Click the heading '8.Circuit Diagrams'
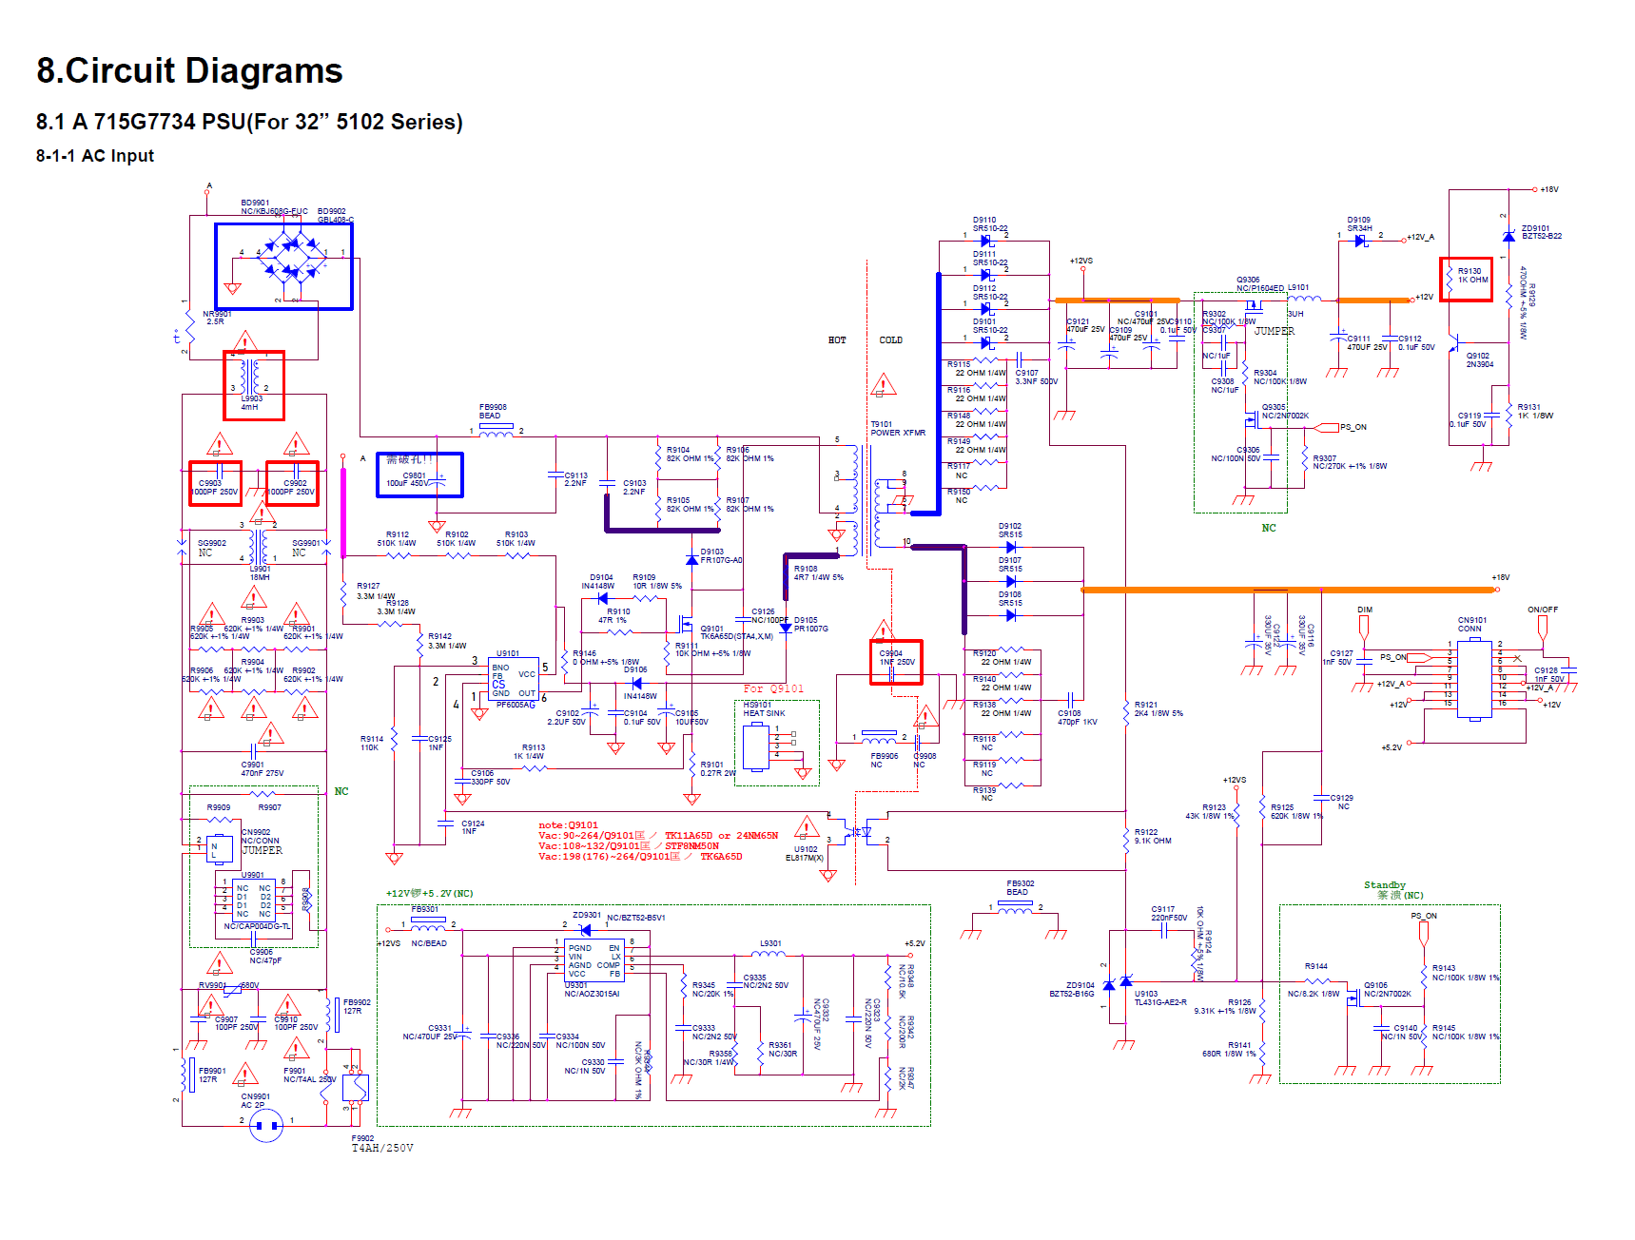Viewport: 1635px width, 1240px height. coord(189,71)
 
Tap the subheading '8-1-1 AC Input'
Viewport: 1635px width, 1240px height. coord(95,156)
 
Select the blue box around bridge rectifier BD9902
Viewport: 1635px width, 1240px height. coord(283,266)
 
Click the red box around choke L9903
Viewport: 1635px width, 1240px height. coord(254,385)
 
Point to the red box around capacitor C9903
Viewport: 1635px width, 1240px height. coord(215,483)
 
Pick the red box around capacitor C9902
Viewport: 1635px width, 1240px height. coord(292,483)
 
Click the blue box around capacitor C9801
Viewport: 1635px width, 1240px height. coord(419,475)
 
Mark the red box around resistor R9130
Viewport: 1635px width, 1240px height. coord(1466,280)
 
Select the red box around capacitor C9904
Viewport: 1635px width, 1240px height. coord(896,662)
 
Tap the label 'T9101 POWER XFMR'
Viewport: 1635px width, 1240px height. coord(897,429)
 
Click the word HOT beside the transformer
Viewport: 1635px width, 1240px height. coord(837,340)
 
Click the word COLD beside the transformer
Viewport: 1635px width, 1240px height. coord(890,340)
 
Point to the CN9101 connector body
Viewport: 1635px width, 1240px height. coord(1474,678)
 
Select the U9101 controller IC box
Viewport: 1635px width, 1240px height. coord(515,680)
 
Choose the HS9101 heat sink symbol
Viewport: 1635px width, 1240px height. coord(757,746)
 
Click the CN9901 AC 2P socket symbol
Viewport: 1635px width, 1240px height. coord(266,1126)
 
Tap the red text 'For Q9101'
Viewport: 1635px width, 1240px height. coord(773,688)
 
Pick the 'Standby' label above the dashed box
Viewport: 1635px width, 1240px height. coord(1384,885)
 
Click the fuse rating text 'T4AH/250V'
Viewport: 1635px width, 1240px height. coord(382,1148)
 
